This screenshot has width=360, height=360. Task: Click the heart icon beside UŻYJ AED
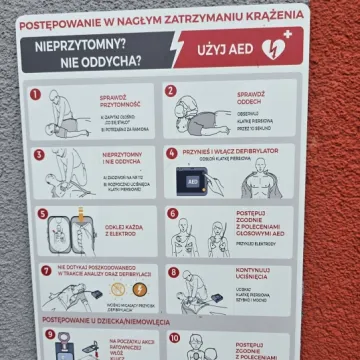point(274,47)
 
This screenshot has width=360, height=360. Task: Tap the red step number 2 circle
point(171,91)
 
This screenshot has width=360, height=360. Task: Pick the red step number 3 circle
point(39,155)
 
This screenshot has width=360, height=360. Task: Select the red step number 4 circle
point(172,153)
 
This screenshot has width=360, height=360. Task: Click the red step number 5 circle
point(42,213)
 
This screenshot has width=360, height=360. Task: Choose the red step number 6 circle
point(172,213)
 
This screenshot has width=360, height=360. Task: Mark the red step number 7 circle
point(46,270)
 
